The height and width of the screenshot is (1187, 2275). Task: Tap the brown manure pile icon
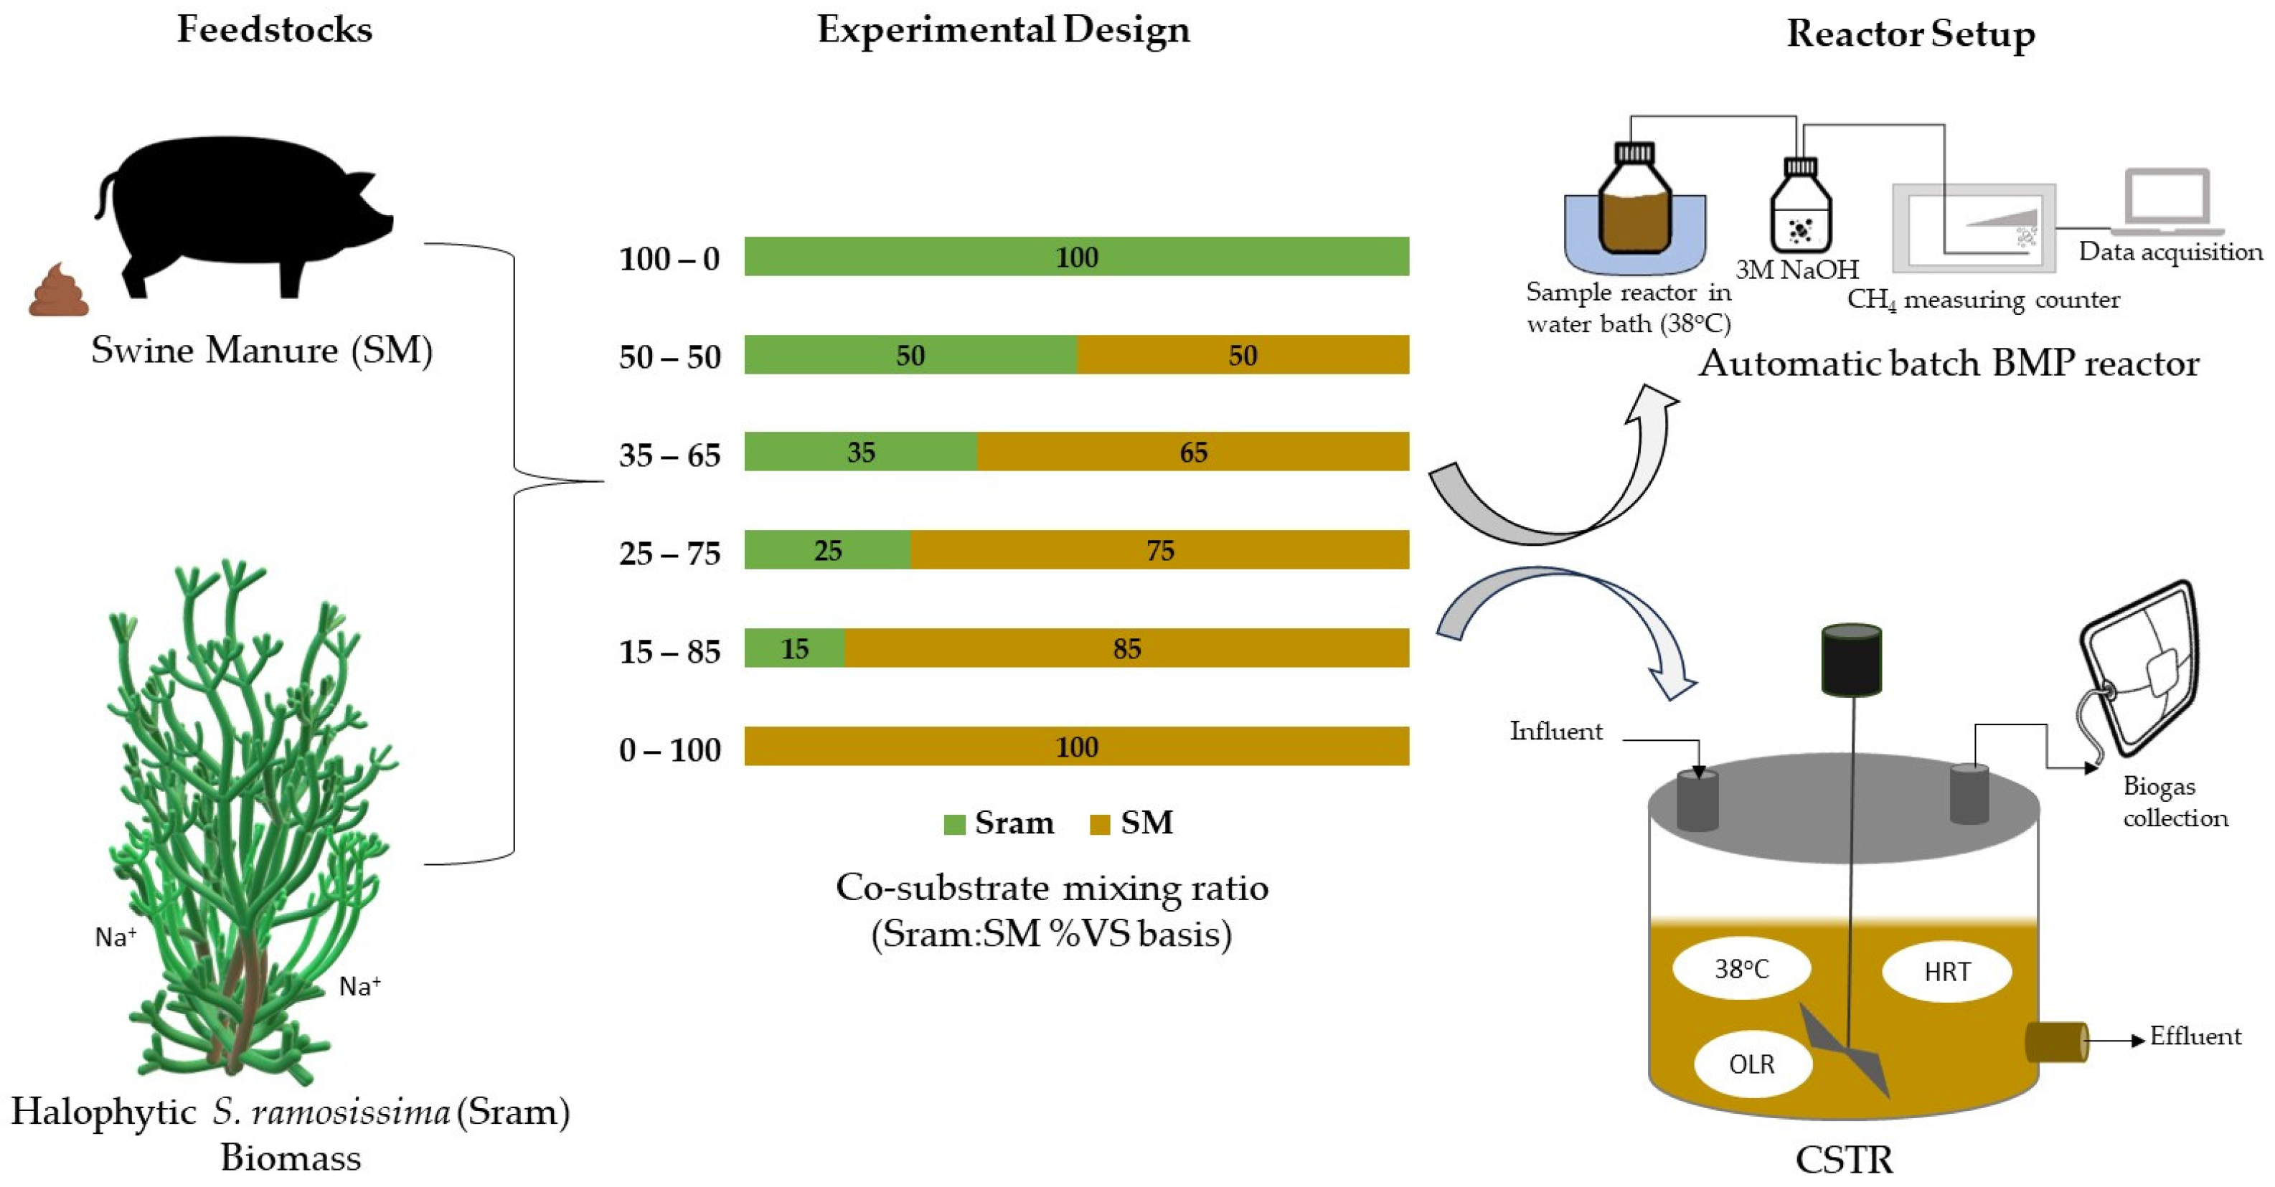[x=58, y=291]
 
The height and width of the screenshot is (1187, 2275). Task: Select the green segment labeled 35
[x=860, y=452]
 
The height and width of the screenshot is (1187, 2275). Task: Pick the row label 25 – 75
[x=669, y=554]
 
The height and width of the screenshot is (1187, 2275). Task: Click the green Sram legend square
[x=953, y=824]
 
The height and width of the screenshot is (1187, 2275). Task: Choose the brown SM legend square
[x=1100, y=824]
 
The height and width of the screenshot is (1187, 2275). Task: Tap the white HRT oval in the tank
[x=1946, y=972]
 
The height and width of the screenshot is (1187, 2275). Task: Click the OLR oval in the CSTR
[x=1752, y=1064]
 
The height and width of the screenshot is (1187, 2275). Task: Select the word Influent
[x=1555, y=732]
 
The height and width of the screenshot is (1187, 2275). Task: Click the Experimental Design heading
[x=1003, y=30]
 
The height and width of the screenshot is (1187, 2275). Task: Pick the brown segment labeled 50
[x=1243, y=355]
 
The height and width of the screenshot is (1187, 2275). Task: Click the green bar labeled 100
[x=1077, y=257]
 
